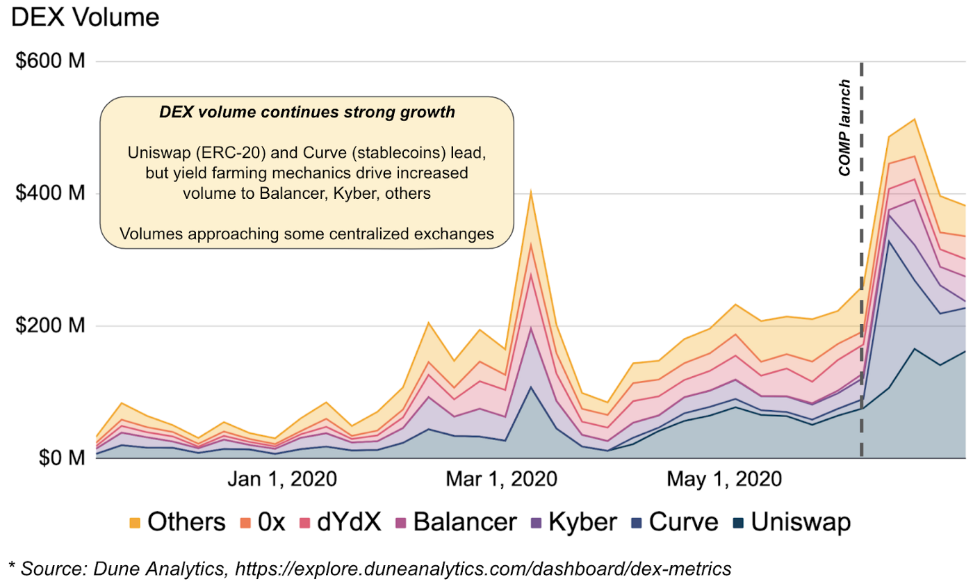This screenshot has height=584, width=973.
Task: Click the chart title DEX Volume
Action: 86,17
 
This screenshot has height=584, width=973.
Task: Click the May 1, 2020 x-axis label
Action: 723,479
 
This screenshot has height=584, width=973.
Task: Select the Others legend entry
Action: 178,521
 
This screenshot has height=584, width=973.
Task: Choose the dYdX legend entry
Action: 341,521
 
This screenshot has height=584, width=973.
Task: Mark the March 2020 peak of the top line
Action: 531,191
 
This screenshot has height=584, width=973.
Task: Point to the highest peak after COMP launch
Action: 915,120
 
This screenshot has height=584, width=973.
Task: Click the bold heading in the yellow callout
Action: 306,112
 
